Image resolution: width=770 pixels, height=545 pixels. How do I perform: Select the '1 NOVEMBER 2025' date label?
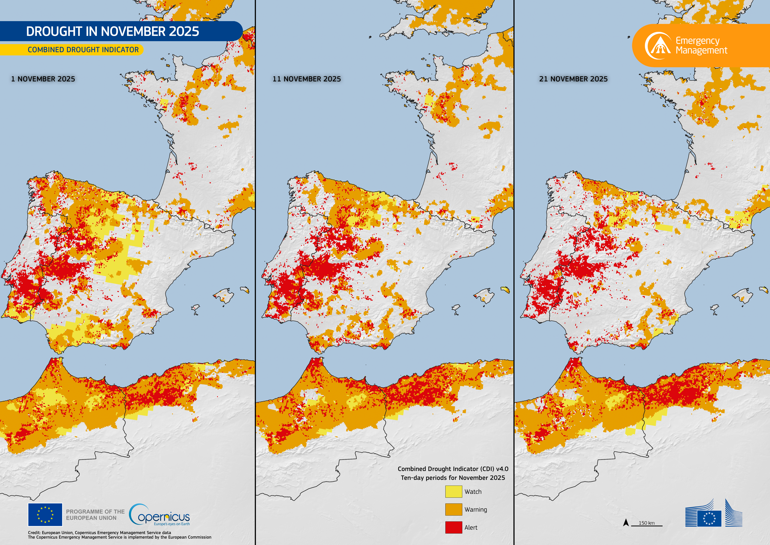pos(43,79)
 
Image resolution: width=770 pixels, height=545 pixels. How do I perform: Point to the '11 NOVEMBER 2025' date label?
pos(307,79)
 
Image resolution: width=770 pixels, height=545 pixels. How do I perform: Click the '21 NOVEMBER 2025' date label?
pos(573,79)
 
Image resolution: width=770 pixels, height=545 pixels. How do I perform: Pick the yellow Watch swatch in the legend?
pos(453,492)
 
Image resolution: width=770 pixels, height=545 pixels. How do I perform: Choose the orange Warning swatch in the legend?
pos(453,509)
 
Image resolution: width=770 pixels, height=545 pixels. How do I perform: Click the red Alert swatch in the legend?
pos(453,527)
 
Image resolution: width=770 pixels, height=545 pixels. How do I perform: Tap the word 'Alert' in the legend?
pos(471,528)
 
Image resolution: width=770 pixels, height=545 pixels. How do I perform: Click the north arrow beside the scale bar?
pos(626,522)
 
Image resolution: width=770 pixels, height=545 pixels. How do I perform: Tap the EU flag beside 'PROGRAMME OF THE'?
pos(45,514)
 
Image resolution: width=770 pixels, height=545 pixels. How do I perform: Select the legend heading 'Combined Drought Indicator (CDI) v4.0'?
pos(453,469)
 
